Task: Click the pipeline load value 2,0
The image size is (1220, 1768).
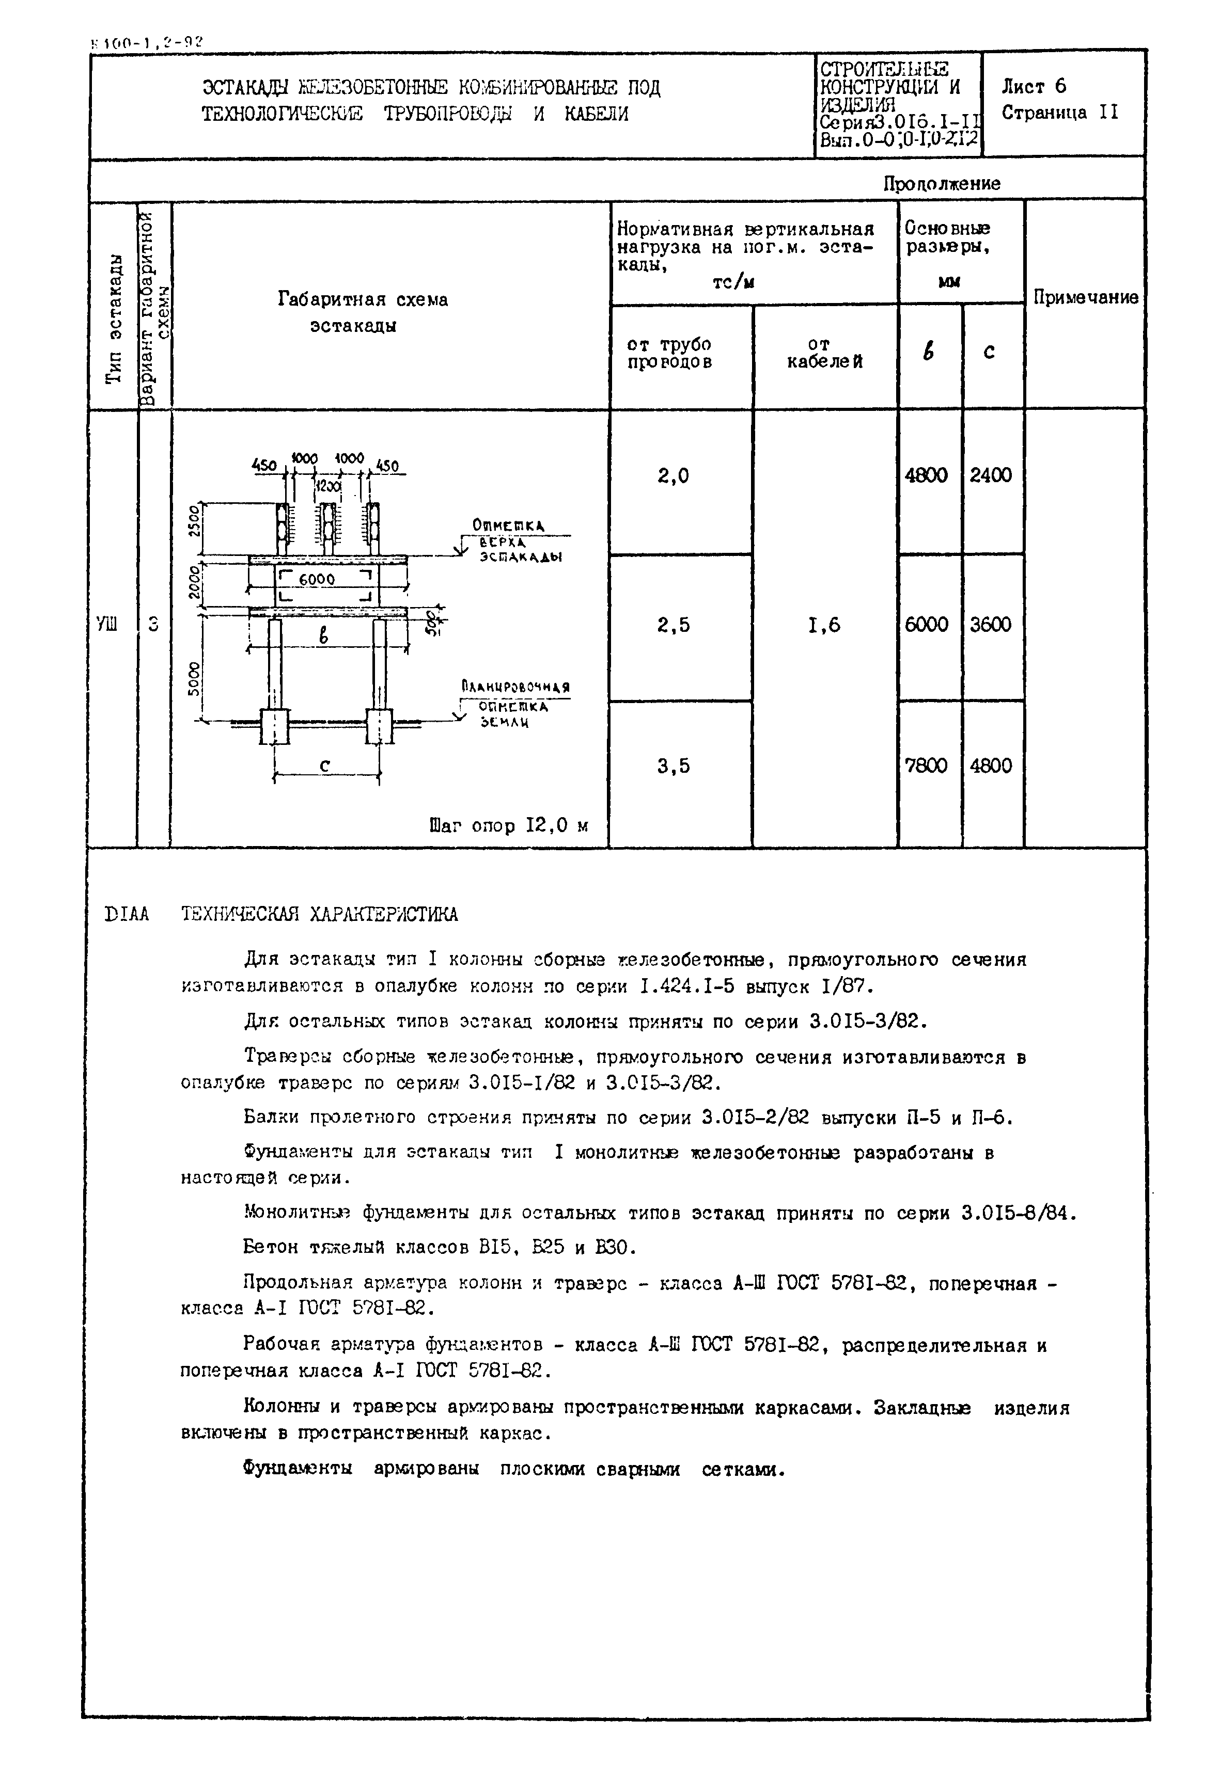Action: coord(672,476)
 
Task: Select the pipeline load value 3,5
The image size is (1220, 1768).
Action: coord(672,766)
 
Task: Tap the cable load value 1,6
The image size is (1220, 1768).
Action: coord(823,625)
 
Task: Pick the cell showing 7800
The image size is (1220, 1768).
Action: coord(926,766)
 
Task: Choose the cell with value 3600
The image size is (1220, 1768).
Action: coord(990,625)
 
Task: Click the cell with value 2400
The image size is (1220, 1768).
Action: coord(990,475)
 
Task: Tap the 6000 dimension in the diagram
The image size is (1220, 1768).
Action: coord(317,580)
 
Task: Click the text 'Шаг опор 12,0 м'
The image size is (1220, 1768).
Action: coord(508,826)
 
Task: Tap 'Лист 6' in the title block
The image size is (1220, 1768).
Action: coord(1034,86)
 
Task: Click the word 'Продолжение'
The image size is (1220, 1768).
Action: coord(942,183)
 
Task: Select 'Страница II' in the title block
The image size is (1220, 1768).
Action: coord(1059,113)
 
